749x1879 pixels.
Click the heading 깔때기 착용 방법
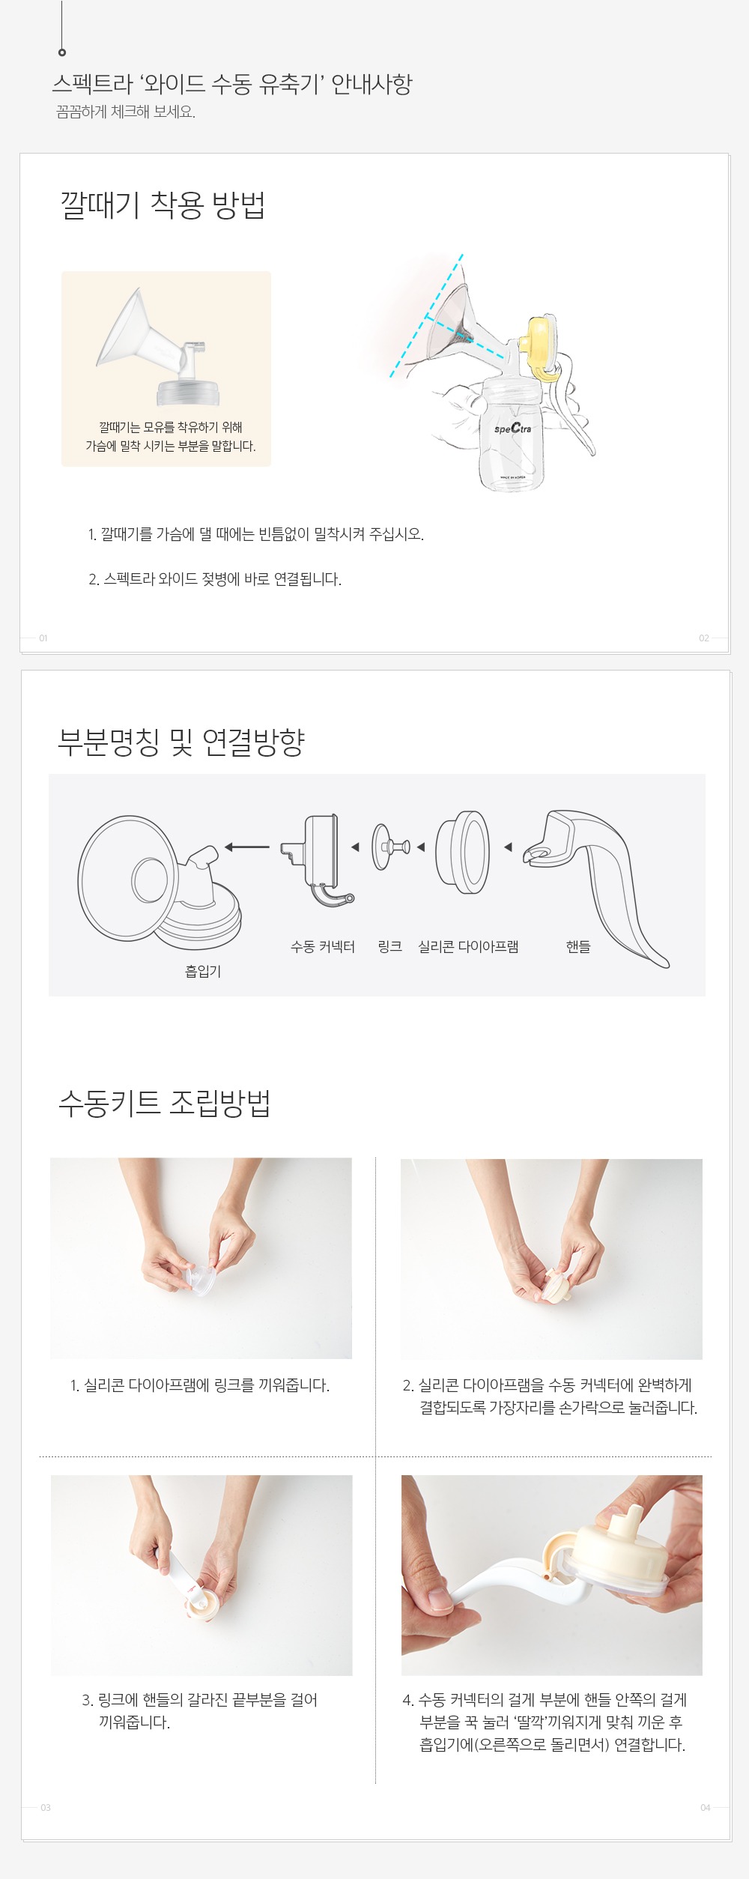(x=163, y=205)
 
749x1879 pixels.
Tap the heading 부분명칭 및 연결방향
(x=181, y=742)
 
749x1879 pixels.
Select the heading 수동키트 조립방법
(x=165, y=1103)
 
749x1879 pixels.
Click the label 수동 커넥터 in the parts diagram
(x=323, y=947)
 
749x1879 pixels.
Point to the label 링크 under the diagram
(x=390, y=947)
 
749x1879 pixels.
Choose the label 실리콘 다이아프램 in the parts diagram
(x=468, y=947)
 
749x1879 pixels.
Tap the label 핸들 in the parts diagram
(x=578, y=947)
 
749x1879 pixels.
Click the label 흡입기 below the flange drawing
(x=203, y=972)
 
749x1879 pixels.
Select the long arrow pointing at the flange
(x=247, y=847)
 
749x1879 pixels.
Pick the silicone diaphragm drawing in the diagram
(x=464, y=852)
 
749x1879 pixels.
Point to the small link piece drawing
(x=391, y=847)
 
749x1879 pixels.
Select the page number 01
(x=43, y=638)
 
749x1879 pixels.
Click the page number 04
(x=706, y=1808)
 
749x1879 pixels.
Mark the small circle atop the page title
(x=62, y=52)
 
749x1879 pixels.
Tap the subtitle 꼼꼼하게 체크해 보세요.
(x=126, y=112)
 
